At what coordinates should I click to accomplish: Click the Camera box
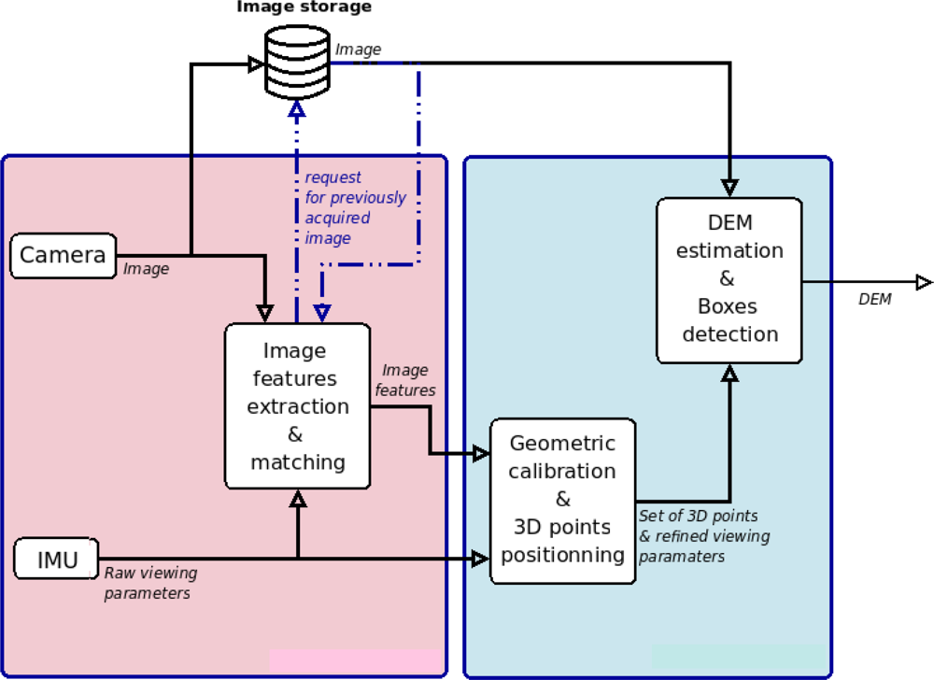(x=64, y=256)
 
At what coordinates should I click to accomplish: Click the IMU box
(x=57, y=560)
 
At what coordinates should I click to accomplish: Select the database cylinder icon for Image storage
(x=296, y=63)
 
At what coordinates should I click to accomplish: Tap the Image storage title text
(x=304, y=8)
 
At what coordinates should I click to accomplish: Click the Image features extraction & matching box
(x=297, y=405)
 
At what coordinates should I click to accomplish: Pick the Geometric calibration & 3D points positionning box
(x=562, y=500)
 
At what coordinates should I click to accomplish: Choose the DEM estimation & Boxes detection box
(x=729, y=279)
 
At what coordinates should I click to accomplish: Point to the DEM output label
(x=874, y=300)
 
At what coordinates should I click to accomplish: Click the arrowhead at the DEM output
(x=923, y=282)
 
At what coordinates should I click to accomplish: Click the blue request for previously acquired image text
(x=355, y=207)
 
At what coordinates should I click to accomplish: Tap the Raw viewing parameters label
(x=150, y=583)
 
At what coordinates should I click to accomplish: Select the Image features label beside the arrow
(x=404, y=380)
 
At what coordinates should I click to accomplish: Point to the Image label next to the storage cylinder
(x=358, y=50)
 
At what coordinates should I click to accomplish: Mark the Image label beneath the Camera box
(x=147, y=269)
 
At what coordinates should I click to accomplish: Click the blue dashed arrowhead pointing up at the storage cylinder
(x=297, y=108)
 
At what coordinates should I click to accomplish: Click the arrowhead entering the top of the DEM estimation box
(x=729, y=186)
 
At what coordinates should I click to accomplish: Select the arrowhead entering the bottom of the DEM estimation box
(x=729, y=373)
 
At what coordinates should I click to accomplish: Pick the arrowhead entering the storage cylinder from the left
(x=255, y=64)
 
